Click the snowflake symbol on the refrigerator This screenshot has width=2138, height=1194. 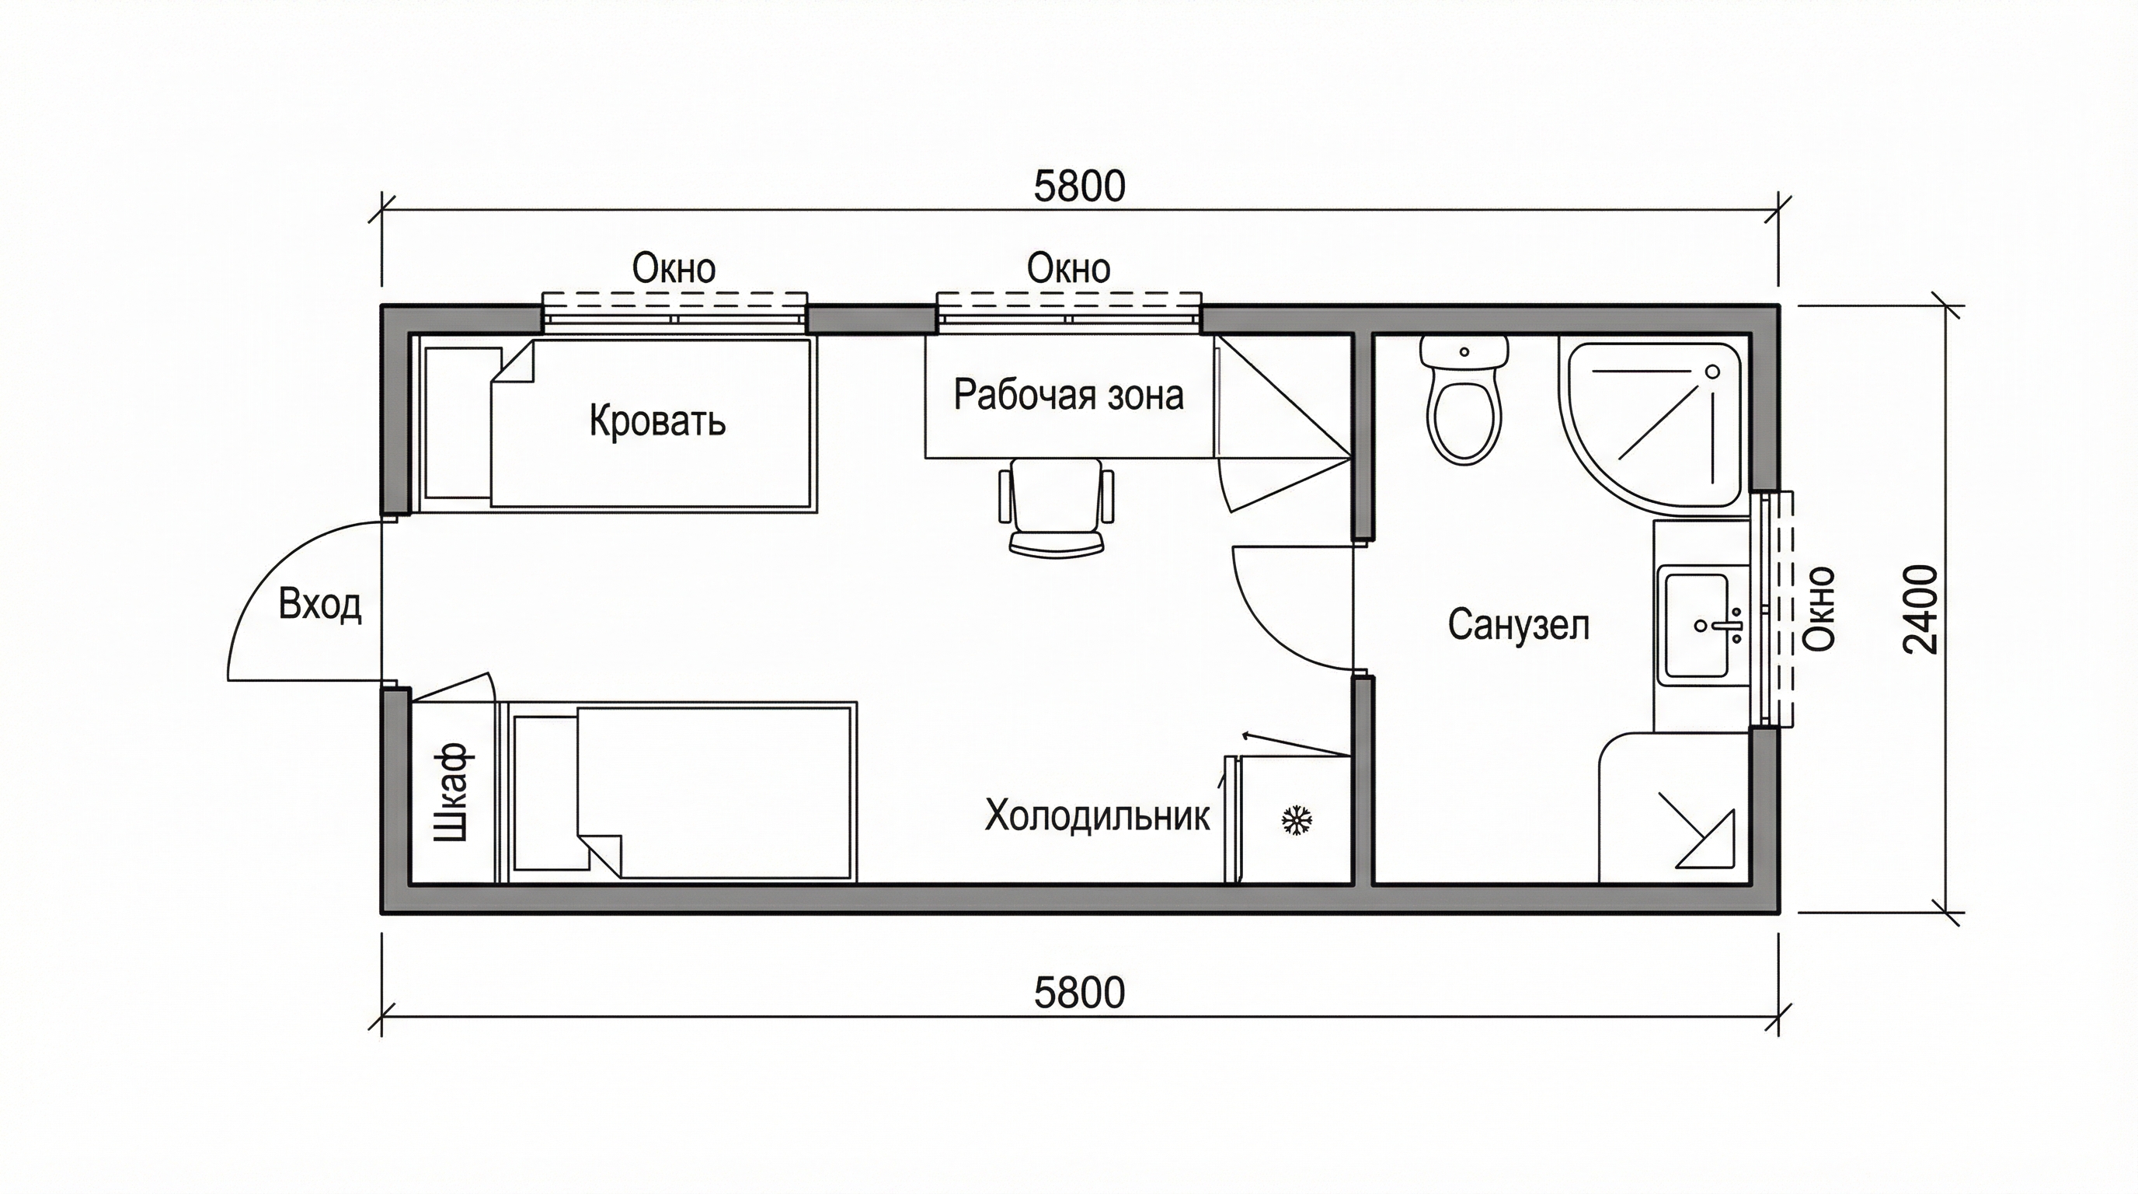pos(1297,819)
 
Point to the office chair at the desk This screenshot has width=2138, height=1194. pos(1057,506)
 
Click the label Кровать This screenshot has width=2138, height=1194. pos(657,421)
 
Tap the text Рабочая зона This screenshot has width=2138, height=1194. pos(1068,395)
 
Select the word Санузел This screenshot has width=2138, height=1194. pos(1519,624)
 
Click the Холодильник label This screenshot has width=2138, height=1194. pos(1097,816)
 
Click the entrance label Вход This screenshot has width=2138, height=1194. pos(319,605)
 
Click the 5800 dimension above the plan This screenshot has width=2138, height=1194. pos(1079,186)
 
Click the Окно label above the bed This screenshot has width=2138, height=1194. pos(674,268)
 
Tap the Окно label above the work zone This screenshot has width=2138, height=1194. pos(1068,268)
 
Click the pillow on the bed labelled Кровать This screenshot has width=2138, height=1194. pos(458,423)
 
